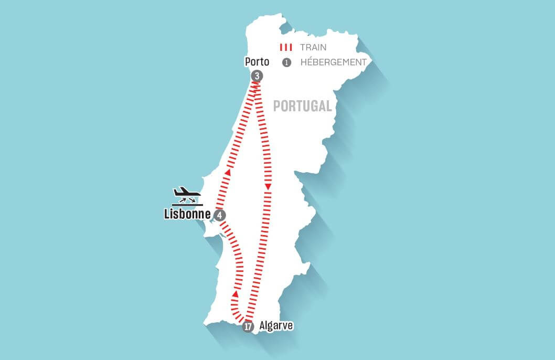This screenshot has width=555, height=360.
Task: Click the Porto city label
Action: pyautogui.click(x=257, y=62)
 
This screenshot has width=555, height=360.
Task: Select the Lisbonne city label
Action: pyautogui.click(x=187, y=214)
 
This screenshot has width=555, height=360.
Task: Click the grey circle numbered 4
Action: pyautogui.click(x=220, y=215)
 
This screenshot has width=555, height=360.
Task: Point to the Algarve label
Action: pyautogui.click(x=276, y=325)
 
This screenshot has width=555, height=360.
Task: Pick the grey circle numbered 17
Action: pyautogui.click(x=249, y=326)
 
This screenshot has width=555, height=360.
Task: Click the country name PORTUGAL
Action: pyautogui.click(x=303, y=106)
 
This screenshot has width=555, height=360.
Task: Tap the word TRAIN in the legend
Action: pyautogui.click(x=313, y=47)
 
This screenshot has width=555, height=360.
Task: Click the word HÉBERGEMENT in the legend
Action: pyautogui.click(x=333, y=62)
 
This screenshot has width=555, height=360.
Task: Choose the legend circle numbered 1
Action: pyautogui.click(x=286, y=62)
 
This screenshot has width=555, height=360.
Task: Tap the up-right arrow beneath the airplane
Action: pyautogui.click(x=183, y=199)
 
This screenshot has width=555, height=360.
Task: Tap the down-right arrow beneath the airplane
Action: pyautogui.click(x=193, y=199)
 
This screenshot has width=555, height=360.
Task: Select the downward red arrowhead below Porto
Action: pyautogui.click(x=268, y=187)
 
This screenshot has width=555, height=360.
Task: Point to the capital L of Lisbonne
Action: pyautogui.click(x=167, y=214)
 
